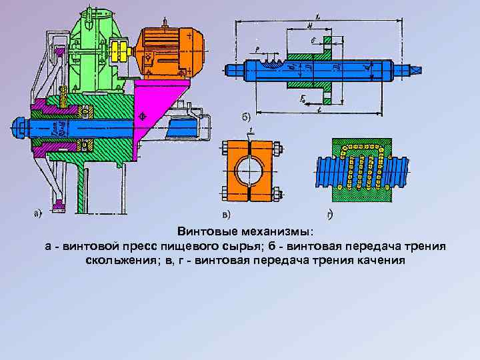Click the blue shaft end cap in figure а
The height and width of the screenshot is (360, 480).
click(18, 126)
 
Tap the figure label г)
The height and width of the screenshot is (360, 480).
click(330, 215)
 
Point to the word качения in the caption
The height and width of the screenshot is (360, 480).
click(377, 259)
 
